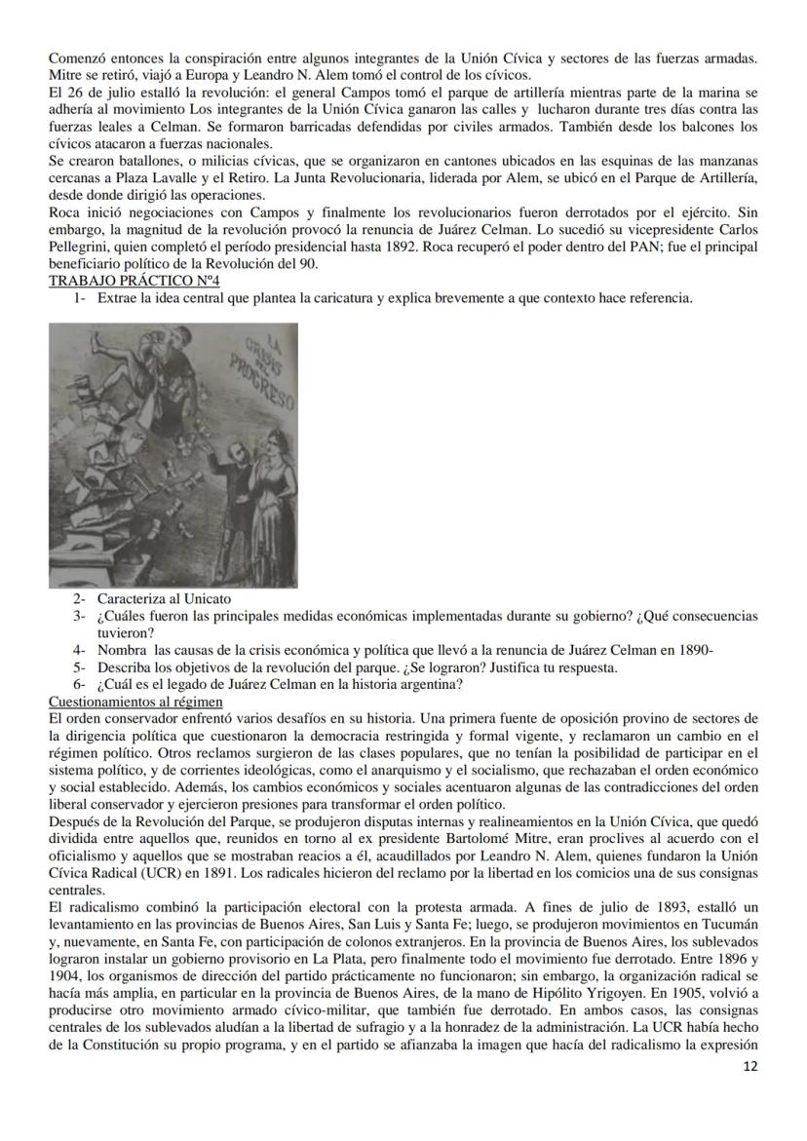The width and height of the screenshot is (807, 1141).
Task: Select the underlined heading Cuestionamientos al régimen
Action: point(136,702)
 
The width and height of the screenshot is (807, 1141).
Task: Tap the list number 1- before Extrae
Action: point(81,297)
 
